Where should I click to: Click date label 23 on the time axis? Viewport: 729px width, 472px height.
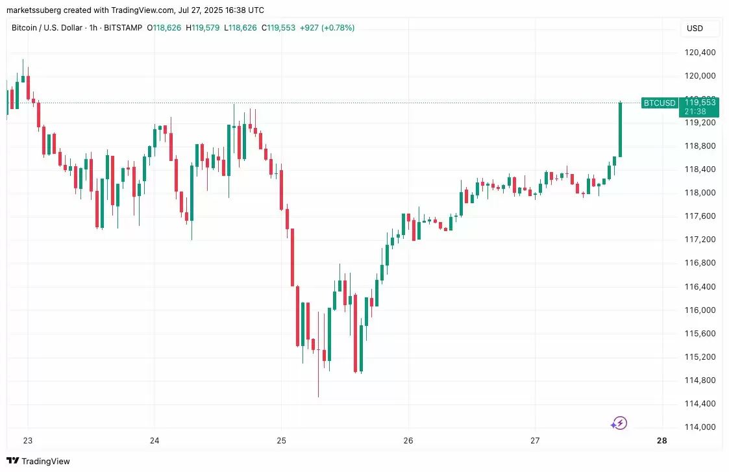click(x=28, y=441)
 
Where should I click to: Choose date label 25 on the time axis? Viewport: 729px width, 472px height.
click(x=281, y=441)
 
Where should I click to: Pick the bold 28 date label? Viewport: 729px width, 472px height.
click(x=661, y=441)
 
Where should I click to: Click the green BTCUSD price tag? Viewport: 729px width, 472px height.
click(x=659, y=103)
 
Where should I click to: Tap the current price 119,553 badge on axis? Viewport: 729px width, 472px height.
click(x=700, y=103)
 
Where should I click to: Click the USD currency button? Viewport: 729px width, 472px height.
click(x=695, y=29)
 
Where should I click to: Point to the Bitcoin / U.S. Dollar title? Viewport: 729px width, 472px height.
click(x=48, y=28)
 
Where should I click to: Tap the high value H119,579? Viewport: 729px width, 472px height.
click(x=203, y=28)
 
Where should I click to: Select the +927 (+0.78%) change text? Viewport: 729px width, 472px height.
click(x=327, y=28)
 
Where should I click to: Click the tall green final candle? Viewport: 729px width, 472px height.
click(x=620, y=130)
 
